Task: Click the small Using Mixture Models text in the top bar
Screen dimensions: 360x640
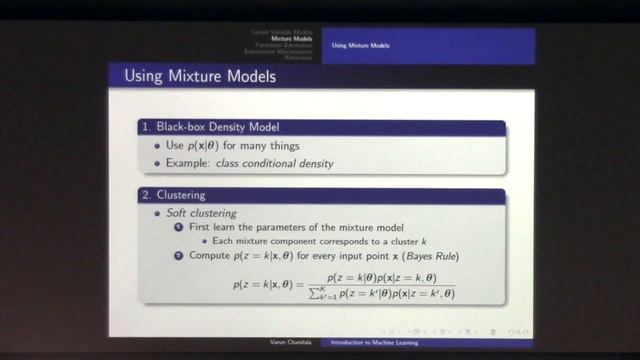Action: pos(360,45)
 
